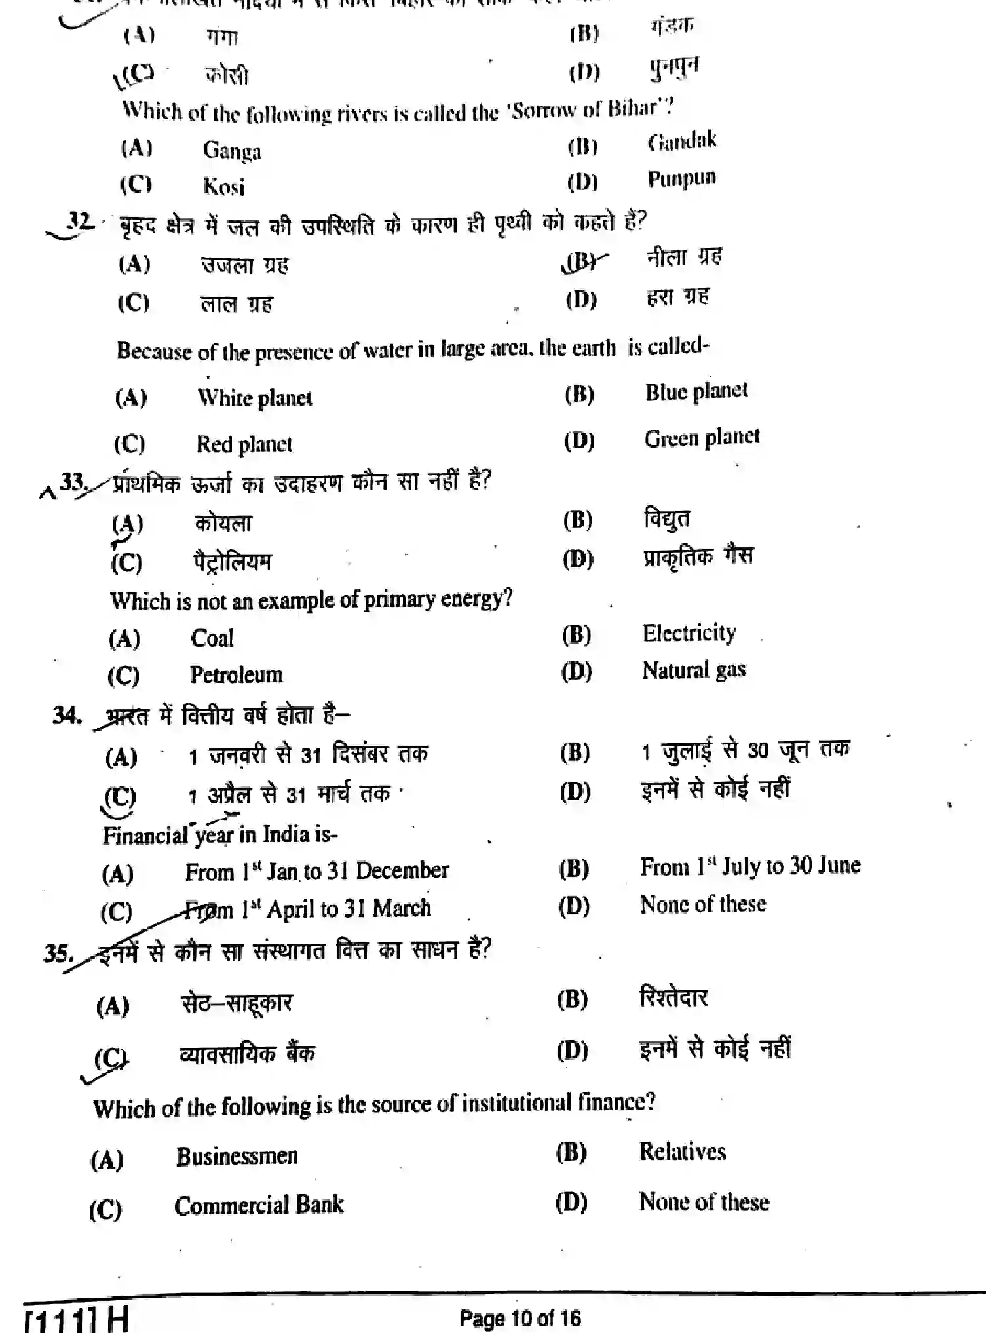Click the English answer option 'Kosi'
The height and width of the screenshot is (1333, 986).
(223, 187)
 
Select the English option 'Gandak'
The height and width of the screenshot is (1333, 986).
(682, 142)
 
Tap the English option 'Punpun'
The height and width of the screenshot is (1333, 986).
(681, 179)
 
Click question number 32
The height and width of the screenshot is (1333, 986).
(80, 221)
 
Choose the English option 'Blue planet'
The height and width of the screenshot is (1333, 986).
(696, 392)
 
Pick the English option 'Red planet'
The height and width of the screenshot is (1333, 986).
(244, 444)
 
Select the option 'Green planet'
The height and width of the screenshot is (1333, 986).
(702, 438)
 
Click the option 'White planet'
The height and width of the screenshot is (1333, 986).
(255, 398)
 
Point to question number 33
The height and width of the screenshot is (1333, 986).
(73, 482)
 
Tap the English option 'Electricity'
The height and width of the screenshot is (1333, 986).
(689, 633)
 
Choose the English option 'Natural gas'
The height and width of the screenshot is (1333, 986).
(693, 670)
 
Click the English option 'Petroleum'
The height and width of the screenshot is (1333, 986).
(236, 674)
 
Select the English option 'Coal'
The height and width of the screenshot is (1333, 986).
(212, 638)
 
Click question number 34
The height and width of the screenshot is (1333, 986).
(66, 715)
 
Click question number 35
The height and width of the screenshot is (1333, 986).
(58, 952)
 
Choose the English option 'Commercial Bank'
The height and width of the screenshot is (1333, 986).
(259, 1205)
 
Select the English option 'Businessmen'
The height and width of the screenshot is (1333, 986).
(237, 1156)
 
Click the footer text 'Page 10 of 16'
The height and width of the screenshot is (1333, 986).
(520, 1318)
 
